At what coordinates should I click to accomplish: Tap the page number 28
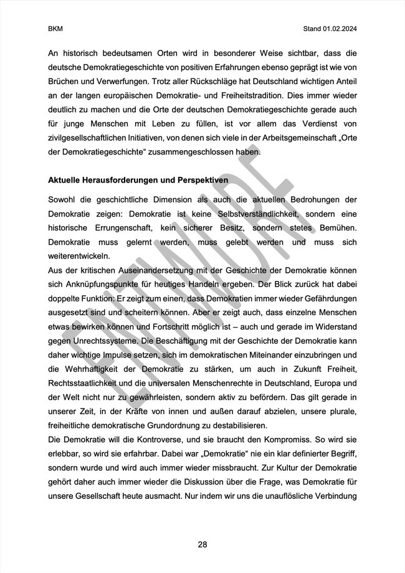pos(202,544)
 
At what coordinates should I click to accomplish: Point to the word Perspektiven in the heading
pos(199,179)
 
